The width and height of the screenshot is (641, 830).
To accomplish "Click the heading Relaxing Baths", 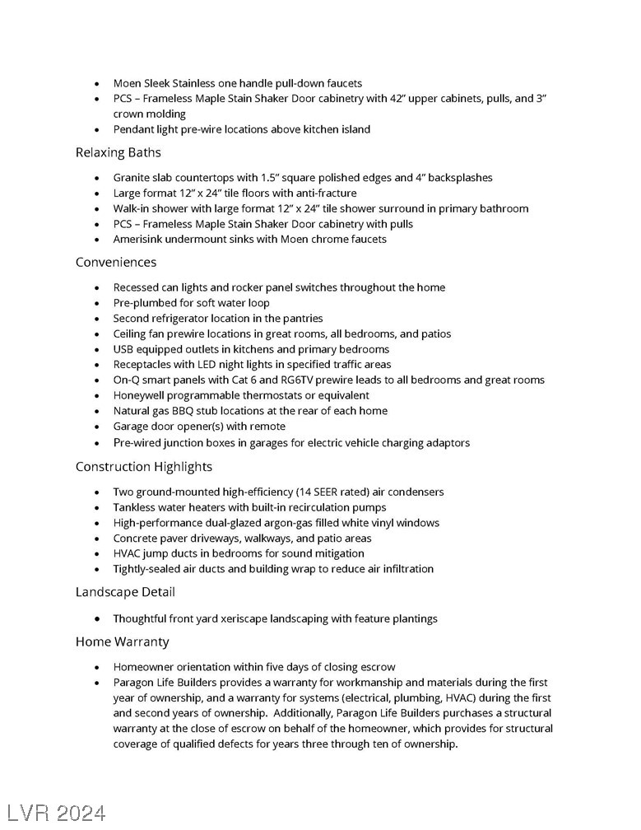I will tap(118, 153).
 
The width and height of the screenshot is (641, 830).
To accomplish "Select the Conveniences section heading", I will tap(116, 263).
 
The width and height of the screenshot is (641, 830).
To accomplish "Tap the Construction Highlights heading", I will tap(144, 467).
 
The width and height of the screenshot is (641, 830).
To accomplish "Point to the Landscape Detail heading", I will tap(125, 592).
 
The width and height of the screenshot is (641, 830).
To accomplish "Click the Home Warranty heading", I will tap(123, 641).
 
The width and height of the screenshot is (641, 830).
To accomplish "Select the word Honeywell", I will tap(140, 395).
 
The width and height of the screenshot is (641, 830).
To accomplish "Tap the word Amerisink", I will tap(140, 240).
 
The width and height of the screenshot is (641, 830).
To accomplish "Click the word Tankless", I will tap(135, 507).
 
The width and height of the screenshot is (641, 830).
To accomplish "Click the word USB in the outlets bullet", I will tap(124, 349).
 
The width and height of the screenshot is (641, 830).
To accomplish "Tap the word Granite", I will tap(133, 178).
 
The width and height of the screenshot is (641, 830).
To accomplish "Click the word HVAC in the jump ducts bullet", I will tap(128, 553).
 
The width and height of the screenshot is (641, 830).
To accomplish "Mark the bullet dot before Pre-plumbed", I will tap(97, 303).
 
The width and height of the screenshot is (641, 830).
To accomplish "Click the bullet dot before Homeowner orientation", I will tap(97, 667).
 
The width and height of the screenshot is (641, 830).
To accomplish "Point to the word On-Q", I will tap(128, 380).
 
